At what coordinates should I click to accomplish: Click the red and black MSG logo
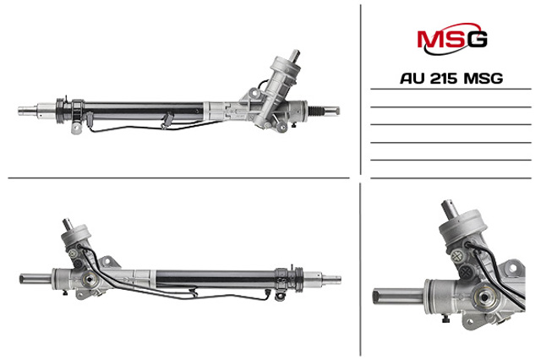pyautogui.click(x=452, y=39)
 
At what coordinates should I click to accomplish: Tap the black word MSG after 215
pyautogui.click(x=483, y=79)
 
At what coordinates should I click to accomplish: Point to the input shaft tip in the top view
pyautogui.click(x=295, y=54)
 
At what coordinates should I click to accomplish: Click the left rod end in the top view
pyautogui.click(x=28, y=111)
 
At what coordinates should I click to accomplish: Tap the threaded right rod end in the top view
pyautogui.click(x=324, y=111)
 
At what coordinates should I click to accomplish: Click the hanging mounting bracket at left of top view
pyautogui.click(x=76, y=127)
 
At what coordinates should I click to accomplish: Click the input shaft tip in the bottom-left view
pyautogui.click(x=67, y=223)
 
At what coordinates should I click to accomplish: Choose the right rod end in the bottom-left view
pyautogui.click(x=331, y=279)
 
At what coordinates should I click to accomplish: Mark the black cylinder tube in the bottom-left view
pyautogui.click(x=216, y=279)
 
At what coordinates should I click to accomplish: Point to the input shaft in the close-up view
pyautogui.click(x=450, y=209)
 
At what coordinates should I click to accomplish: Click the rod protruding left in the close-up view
pyautogui.click(x=398, y=297)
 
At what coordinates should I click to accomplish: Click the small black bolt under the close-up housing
pyautogui.click(x=445, y=319)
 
